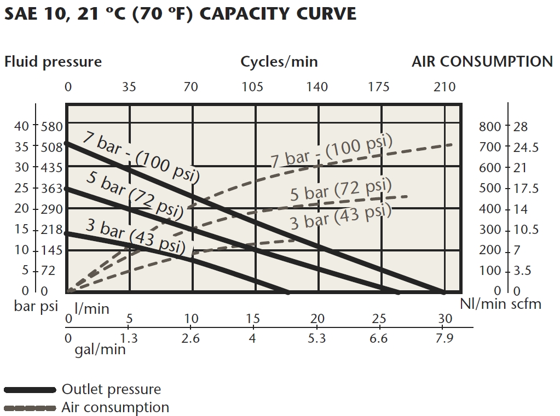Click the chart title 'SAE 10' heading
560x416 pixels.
click(x=180, y=13)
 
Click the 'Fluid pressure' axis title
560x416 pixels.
click(x=53, y=61)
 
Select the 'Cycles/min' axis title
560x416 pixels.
click(x=279, y=61)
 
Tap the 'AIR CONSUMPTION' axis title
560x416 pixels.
click(x=482, y=61)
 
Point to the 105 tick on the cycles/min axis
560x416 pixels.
click(x=252, y=86)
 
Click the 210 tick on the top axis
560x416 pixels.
click(x=444, y=86)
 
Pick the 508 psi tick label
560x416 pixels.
click(x=51, y=147)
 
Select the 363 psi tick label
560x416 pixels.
click(x=51, y=188)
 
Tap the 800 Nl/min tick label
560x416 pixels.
click(x=490, y=126)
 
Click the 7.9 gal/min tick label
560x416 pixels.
click(x=444, y=338)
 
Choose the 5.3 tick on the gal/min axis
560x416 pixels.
click(x=316, y=338)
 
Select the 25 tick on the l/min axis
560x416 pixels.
click(x=379, y=319)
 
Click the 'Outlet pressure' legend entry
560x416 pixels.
click(x=111, y=389)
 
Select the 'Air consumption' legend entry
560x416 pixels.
click(x=115, y=407)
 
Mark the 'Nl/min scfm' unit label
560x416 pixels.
click(x=500, y=304)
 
